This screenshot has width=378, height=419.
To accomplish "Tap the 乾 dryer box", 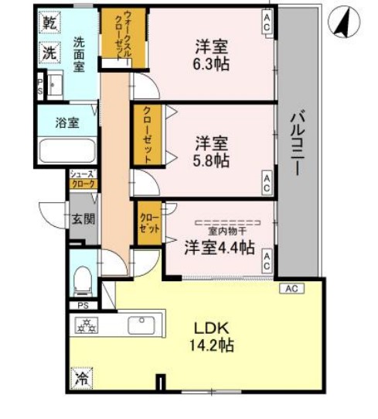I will coord(49,24).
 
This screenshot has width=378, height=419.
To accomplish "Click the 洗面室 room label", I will coord(79,55).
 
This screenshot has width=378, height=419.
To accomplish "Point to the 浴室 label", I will coord(66,122).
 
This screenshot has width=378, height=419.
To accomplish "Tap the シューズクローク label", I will coord(83,180).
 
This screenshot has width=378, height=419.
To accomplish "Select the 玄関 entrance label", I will coord(83,218).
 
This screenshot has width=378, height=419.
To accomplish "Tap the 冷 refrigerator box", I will coord(82,379).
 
